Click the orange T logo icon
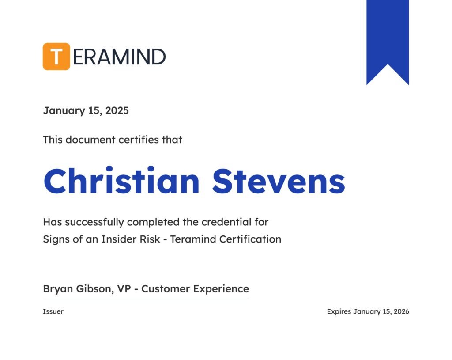pos(56,57)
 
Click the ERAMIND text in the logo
pos(119,57)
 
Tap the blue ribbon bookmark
pos(388,42)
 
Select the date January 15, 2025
pos(86,111)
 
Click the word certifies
pos(139,140)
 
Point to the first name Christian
pos(122,181)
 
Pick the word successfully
pos(94,222)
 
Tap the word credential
pos(226,222)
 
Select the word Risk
pos(150,239)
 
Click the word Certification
pos(250,239)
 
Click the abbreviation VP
pos(124,289)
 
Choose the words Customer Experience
pos(195,289)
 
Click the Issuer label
pos(53,311)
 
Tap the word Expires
pos(339,312)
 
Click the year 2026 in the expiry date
pos(401,311)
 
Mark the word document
pos(90,140)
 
